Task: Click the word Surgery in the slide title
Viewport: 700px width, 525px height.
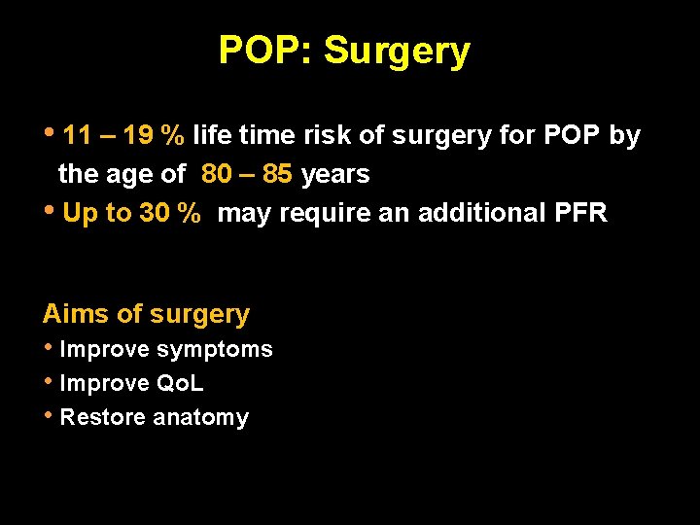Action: [x=397, y=51]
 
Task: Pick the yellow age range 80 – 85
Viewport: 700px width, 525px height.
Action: [x=248, y=175]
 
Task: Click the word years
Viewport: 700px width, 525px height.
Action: [x=336, y=175]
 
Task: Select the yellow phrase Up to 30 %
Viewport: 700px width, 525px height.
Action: [x=131, y=214]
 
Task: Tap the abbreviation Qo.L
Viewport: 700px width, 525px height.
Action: [x=181, y=384]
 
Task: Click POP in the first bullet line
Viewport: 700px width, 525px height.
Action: [x=572, y=136]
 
